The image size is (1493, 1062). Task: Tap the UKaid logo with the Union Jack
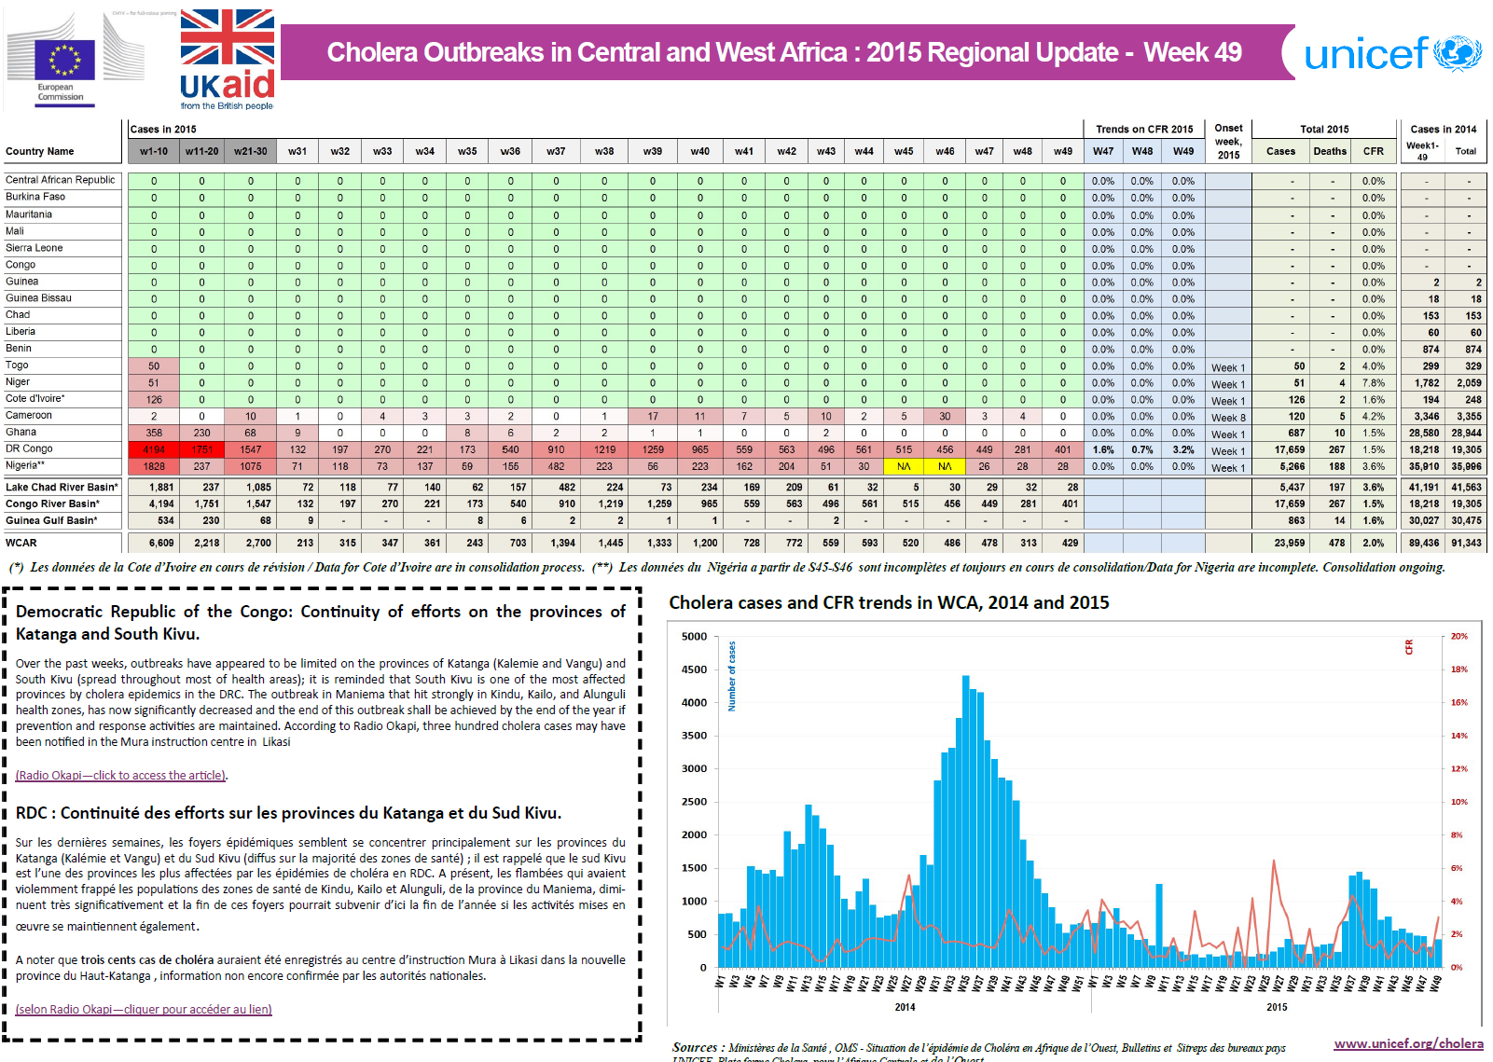coord(228,59)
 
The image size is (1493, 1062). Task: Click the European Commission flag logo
coord(64,61)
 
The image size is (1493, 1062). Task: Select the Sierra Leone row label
coord(35,248)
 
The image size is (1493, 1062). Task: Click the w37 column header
coord(556,151)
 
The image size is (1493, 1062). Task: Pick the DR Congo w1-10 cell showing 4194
coord(154,449)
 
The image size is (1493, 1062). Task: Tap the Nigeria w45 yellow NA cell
coord(904,466)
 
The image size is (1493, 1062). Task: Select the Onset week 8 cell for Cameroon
coord(1228,418)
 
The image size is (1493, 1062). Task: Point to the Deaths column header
coord(1330,151)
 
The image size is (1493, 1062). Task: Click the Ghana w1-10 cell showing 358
coord(154,433)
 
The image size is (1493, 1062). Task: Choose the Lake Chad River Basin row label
coord(62,487)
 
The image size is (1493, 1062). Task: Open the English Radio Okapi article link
coord(121,776)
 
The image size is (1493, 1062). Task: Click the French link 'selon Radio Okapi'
coord(144,1010)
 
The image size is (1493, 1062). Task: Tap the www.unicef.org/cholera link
coord(1408,1043)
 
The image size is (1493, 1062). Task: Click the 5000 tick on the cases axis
coord(695,637)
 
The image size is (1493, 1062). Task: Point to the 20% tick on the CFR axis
coord(1458,637)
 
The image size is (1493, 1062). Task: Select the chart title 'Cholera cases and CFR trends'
coord(889,602)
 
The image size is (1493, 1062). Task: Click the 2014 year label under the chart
coord(905,1007)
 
